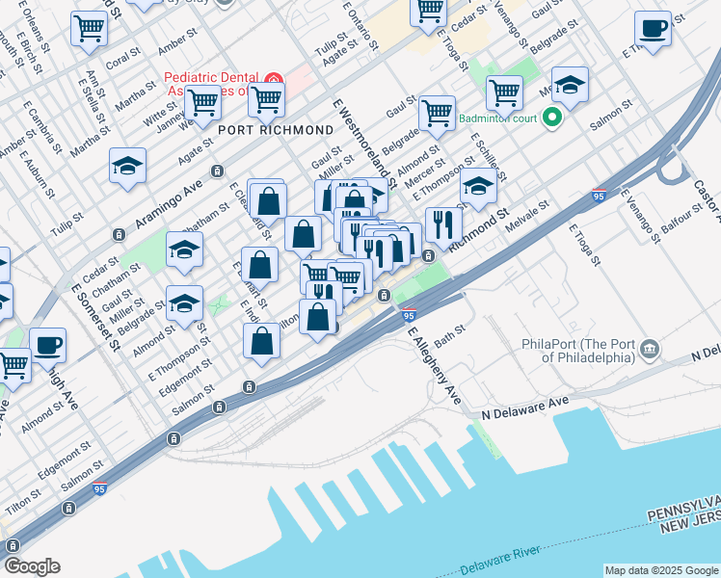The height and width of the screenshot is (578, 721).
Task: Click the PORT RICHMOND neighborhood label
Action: [x=261, y=130]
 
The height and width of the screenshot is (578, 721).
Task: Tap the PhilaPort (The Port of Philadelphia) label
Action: [x=578, y=351]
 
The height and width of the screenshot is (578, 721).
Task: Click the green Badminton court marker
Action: [x=551, y=118]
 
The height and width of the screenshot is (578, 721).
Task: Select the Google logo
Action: [x=32, y=566]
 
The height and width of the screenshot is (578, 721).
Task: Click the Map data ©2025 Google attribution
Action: [x=662, y=570]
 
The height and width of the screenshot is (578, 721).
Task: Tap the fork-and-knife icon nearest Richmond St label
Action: [x=443, y=224]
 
